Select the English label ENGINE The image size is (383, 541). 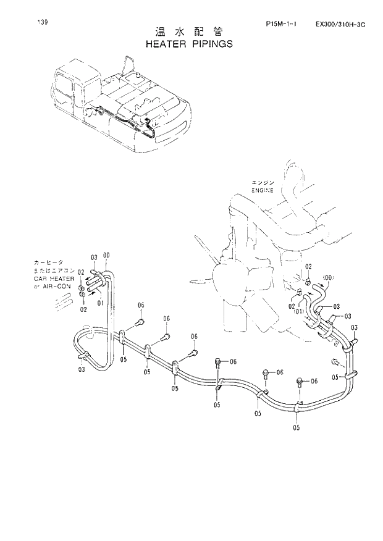[262, 191]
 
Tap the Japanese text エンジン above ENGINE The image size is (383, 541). [262, 183]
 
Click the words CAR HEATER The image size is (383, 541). [54, 279]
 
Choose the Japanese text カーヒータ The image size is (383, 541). [48, 262]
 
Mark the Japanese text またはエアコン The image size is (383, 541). [54, 270]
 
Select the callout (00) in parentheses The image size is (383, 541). [327, 277]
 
